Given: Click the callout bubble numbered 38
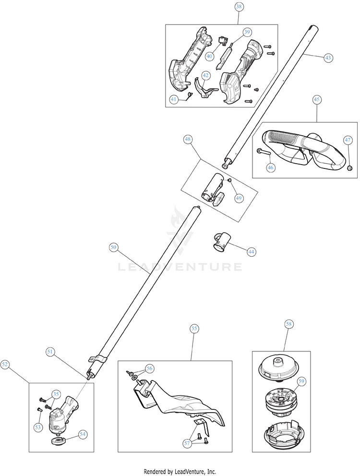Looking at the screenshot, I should tap(239, 7).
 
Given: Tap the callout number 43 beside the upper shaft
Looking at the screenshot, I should tap(328, 58).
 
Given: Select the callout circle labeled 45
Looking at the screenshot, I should tap(317, 100).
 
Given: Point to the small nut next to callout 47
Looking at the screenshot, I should tap(349, 167).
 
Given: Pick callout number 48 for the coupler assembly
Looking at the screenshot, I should tap(188, 139).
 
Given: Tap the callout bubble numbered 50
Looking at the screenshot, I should tap(113, 247).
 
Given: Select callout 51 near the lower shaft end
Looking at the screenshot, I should tap(50, 351).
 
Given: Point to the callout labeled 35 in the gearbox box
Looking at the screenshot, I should tap(56, 394).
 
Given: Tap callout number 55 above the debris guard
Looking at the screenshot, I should tap(194, 329).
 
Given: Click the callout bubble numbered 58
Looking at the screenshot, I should tap(289, 324).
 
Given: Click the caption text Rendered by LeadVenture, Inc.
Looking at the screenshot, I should tap(180, 471).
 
